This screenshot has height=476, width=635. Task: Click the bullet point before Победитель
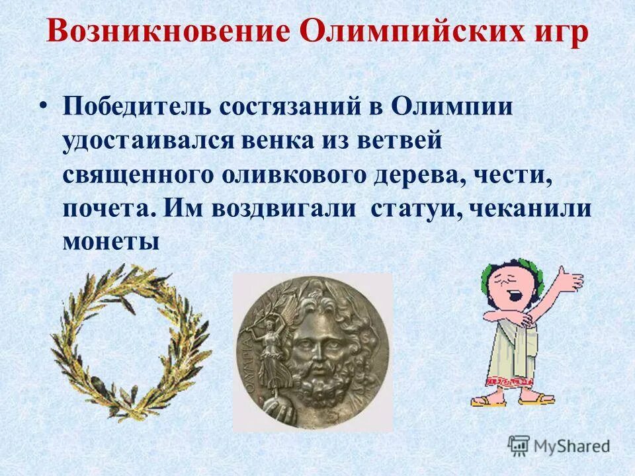[x=44, y=106]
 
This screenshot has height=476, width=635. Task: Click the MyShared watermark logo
[x=559, y=445]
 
